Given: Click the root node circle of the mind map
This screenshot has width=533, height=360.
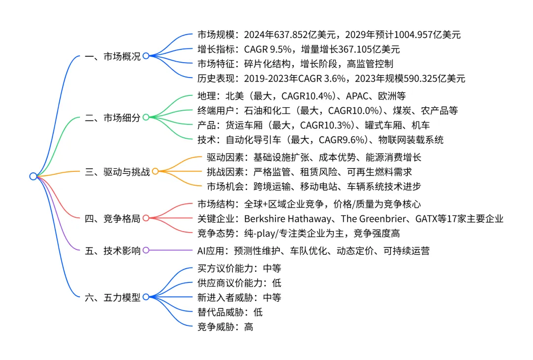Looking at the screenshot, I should click(33, 176).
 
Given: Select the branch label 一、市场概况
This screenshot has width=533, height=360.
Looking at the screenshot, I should click(113, 56).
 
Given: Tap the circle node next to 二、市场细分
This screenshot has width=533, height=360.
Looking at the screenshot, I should click(146, 118).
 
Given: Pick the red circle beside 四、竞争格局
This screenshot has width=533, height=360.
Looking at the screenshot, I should click(146, 218).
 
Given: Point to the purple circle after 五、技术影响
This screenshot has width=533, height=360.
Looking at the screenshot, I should click(146, 250).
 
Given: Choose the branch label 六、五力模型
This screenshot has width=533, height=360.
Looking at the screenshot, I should click(113, 297).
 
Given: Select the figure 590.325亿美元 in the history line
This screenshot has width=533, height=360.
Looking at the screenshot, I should click(429, 78).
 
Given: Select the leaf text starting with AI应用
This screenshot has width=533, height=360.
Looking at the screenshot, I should click(313, 251).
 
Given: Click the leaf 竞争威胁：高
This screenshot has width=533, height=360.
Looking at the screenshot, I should click(225, 326).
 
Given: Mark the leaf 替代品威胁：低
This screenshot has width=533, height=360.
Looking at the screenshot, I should click(230, 312).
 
